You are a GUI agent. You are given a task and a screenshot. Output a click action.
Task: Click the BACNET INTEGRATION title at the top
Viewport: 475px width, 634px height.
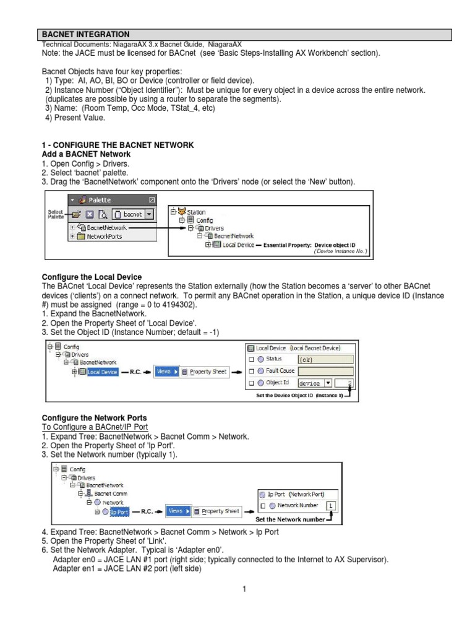point(85,34)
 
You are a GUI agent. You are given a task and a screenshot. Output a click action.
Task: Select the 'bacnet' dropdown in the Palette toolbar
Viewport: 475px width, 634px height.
point(135,214)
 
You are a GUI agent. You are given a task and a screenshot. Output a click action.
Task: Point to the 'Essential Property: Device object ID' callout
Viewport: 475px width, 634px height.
point(315,245)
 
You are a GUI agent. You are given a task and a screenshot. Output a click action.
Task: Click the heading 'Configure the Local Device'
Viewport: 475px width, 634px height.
point(91,277)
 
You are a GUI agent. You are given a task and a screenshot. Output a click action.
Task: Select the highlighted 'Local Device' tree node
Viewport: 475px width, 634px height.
point(102,372)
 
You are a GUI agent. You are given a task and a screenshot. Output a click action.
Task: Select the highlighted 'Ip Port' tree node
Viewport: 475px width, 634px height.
point(119,512)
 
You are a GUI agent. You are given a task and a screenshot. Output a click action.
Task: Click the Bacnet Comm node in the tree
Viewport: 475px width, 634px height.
point(111,494)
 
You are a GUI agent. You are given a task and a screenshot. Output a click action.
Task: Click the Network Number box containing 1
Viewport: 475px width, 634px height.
point(332,506)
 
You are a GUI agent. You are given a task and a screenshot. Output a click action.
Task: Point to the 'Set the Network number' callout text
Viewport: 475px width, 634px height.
point(290,519)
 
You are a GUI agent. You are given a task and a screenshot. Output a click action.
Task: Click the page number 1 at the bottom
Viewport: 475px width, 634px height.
point(245,589)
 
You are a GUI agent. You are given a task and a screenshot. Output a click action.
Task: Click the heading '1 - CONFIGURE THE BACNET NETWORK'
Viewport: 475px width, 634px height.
point(118,145)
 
